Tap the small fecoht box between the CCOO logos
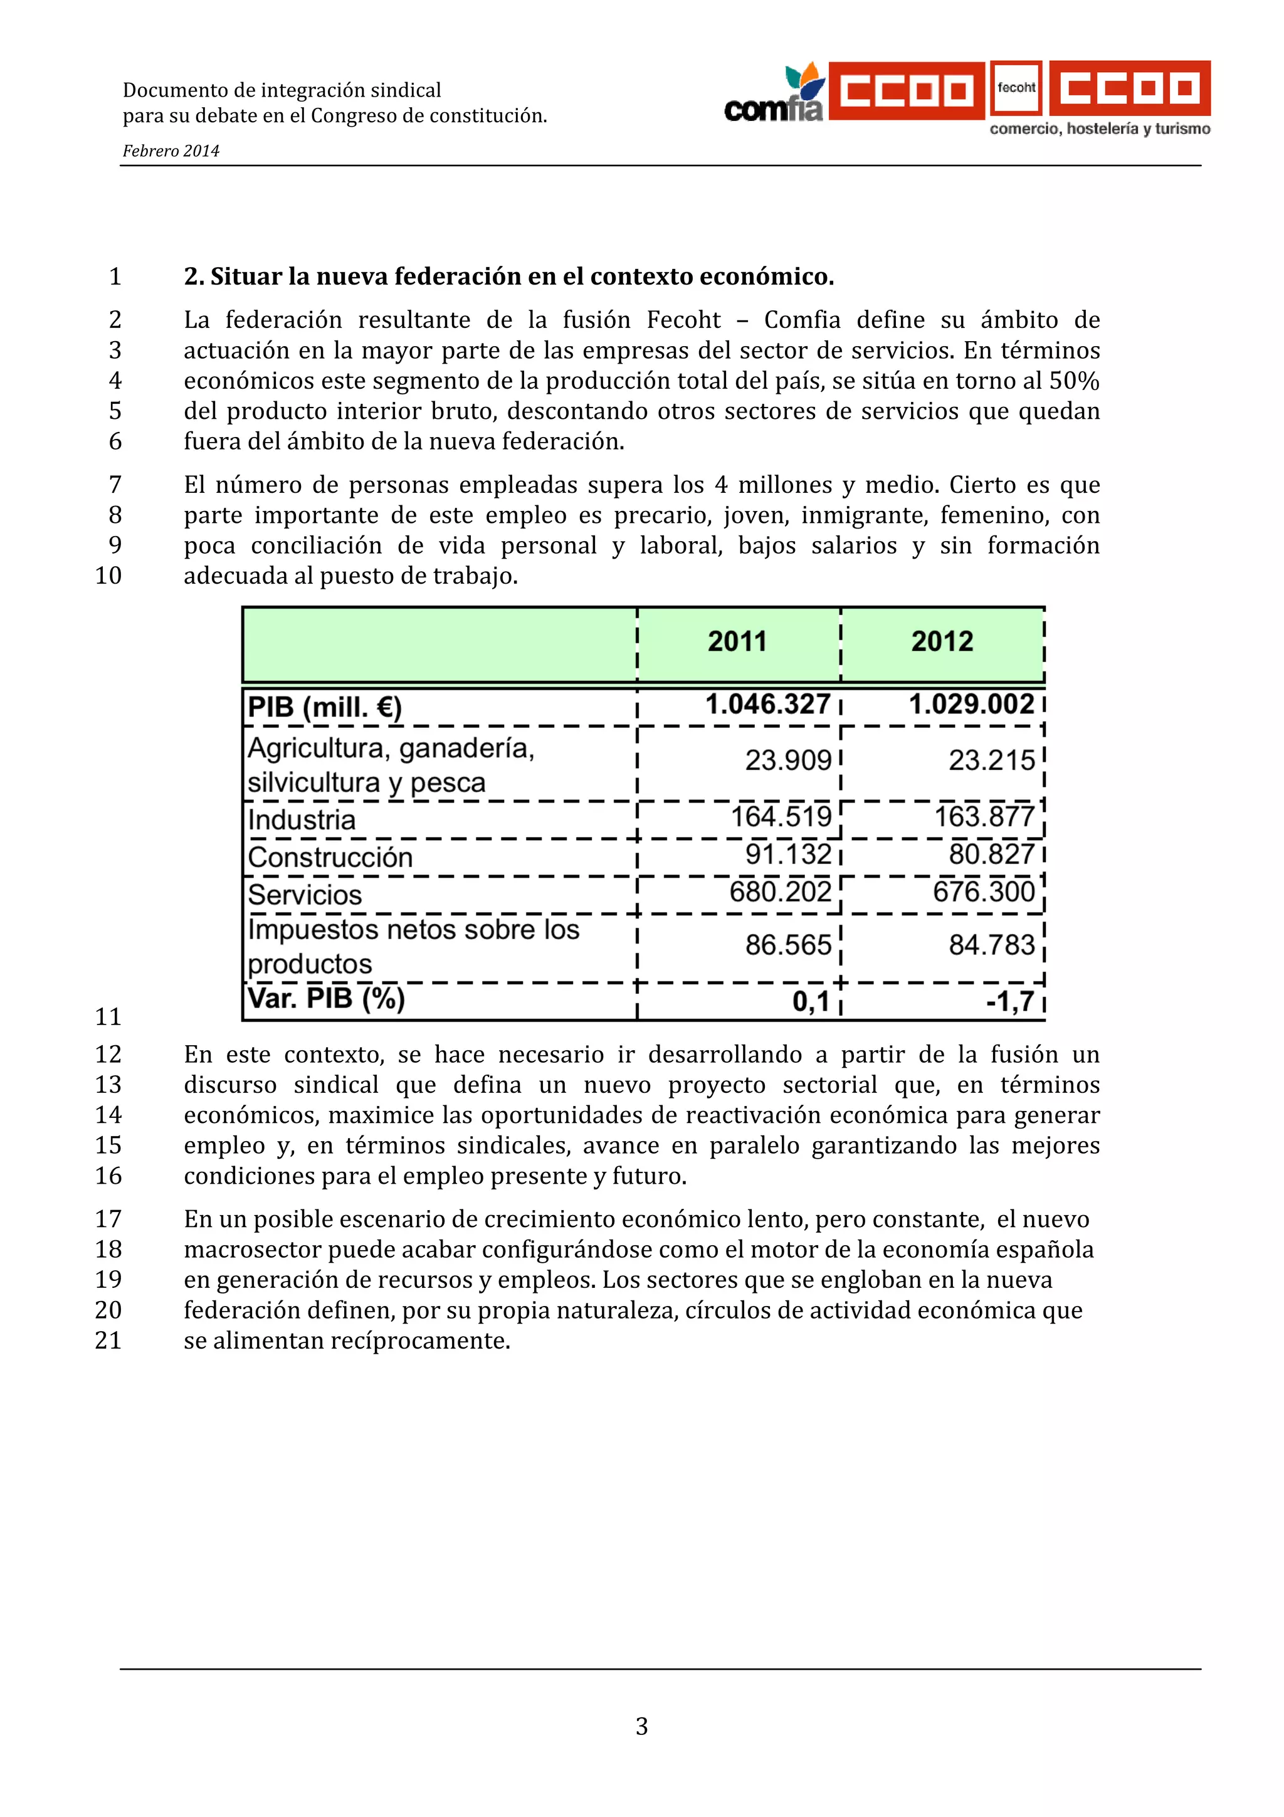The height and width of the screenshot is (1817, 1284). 1016,88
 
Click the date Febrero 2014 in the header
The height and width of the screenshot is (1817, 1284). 171,151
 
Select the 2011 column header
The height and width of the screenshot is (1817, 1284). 737,641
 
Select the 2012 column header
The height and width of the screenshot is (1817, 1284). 942,641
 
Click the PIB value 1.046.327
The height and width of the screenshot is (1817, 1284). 767,704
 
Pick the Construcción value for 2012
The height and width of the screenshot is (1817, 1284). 991,855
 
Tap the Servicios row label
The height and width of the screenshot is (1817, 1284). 305,895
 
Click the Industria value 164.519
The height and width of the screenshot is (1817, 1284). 781,817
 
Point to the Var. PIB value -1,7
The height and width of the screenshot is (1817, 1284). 1009,1002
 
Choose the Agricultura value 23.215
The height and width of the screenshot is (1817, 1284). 991,761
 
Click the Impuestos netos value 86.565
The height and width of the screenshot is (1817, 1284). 788,945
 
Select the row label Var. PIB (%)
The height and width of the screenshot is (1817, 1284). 326,999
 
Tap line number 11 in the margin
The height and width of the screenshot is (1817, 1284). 108,1017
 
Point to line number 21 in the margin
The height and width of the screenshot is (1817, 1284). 108,1340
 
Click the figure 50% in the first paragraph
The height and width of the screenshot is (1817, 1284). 1073,381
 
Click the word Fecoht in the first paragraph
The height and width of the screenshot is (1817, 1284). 683,320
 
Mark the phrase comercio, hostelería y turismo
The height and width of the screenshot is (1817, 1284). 1100,129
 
